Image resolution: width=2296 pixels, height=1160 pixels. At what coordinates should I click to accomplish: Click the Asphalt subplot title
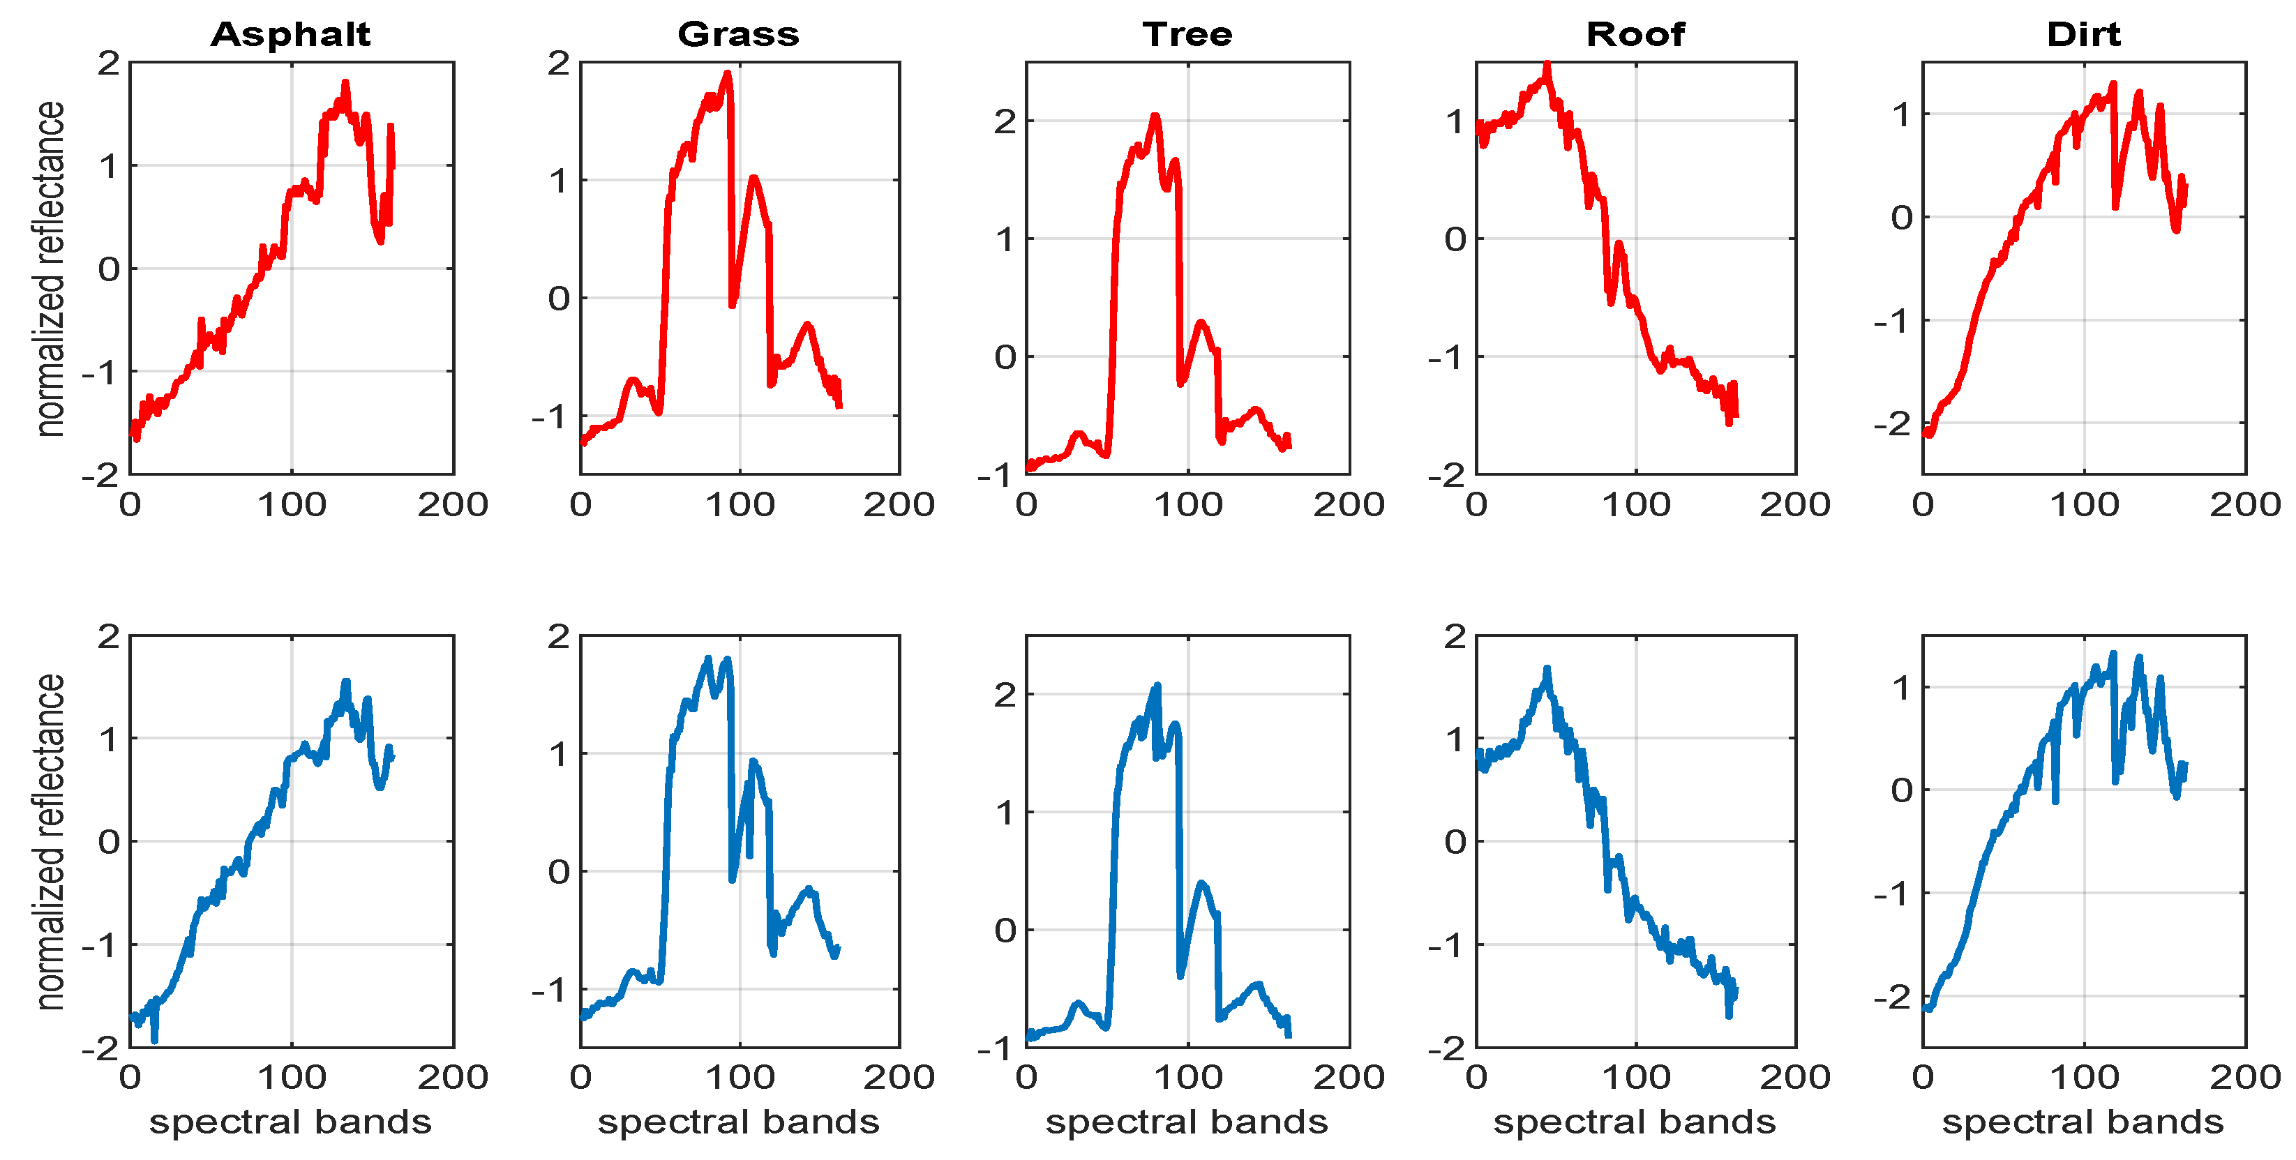[x=290, y=34]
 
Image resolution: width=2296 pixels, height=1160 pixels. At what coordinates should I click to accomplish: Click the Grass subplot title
[x=738, y=34]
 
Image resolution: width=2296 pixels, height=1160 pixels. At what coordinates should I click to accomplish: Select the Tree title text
[x=1187, y=34]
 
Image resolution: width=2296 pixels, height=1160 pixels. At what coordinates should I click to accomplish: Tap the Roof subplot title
[x=1635, y=34]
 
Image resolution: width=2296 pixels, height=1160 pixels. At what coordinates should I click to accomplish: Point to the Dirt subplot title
[x=2084, y=34]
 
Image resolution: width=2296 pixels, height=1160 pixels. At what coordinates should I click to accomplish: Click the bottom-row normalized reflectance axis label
[x=50, y=841]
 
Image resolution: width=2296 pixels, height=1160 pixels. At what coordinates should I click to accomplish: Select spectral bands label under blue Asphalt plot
[x=290, y=1122]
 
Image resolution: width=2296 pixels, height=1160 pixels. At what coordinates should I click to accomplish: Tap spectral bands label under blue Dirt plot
[x=2083, y=1122]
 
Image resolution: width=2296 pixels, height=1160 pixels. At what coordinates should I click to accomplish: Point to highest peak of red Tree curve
[x=1155, y=116]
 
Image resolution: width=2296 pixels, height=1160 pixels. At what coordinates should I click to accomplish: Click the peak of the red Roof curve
[x=1547, y=64]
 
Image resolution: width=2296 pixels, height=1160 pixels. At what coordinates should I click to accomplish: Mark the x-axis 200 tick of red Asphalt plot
[x=453, y=505]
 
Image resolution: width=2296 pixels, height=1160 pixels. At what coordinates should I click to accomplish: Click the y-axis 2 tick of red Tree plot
[x=1005, y=121]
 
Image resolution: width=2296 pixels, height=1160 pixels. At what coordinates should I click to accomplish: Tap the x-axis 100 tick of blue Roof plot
[x=1635, y=1077]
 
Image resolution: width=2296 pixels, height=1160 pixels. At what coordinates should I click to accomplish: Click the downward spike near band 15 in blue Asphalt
[x=155, y=1039]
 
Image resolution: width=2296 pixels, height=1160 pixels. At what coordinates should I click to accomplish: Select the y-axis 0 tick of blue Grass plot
[x=559, y=871]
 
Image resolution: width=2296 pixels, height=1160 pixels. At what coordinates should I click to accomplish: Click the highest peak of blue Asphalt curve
[x=346, y=682]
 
